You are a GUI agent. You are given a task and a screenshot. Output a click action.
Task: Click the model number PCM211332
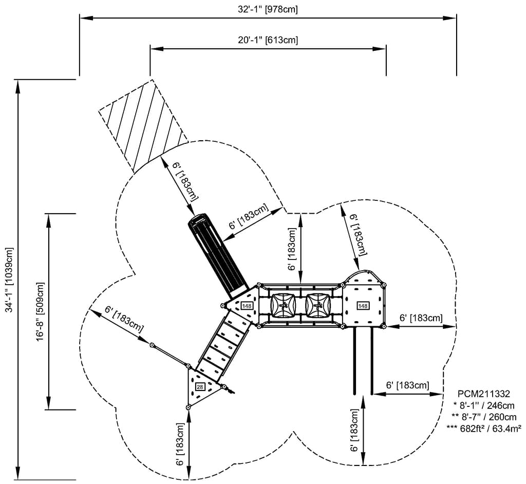[x=483, y=394]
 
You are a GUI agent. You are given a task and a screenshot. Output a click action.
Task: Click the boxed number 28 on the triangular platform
[x=200, y=387]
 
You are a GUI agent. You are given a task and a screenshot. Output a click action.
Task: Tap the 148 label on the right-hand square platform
[x=363, y=306]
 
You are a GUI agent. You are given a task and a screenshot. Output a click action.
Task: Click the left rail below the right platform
[x=354, y=360]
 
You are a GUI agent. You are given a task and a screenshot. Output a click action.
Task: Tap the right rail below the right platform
[x=372, y=360]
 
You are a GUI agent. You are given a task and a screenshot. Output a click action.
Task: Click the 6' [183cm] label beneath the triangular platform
[x=180, y=444]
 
